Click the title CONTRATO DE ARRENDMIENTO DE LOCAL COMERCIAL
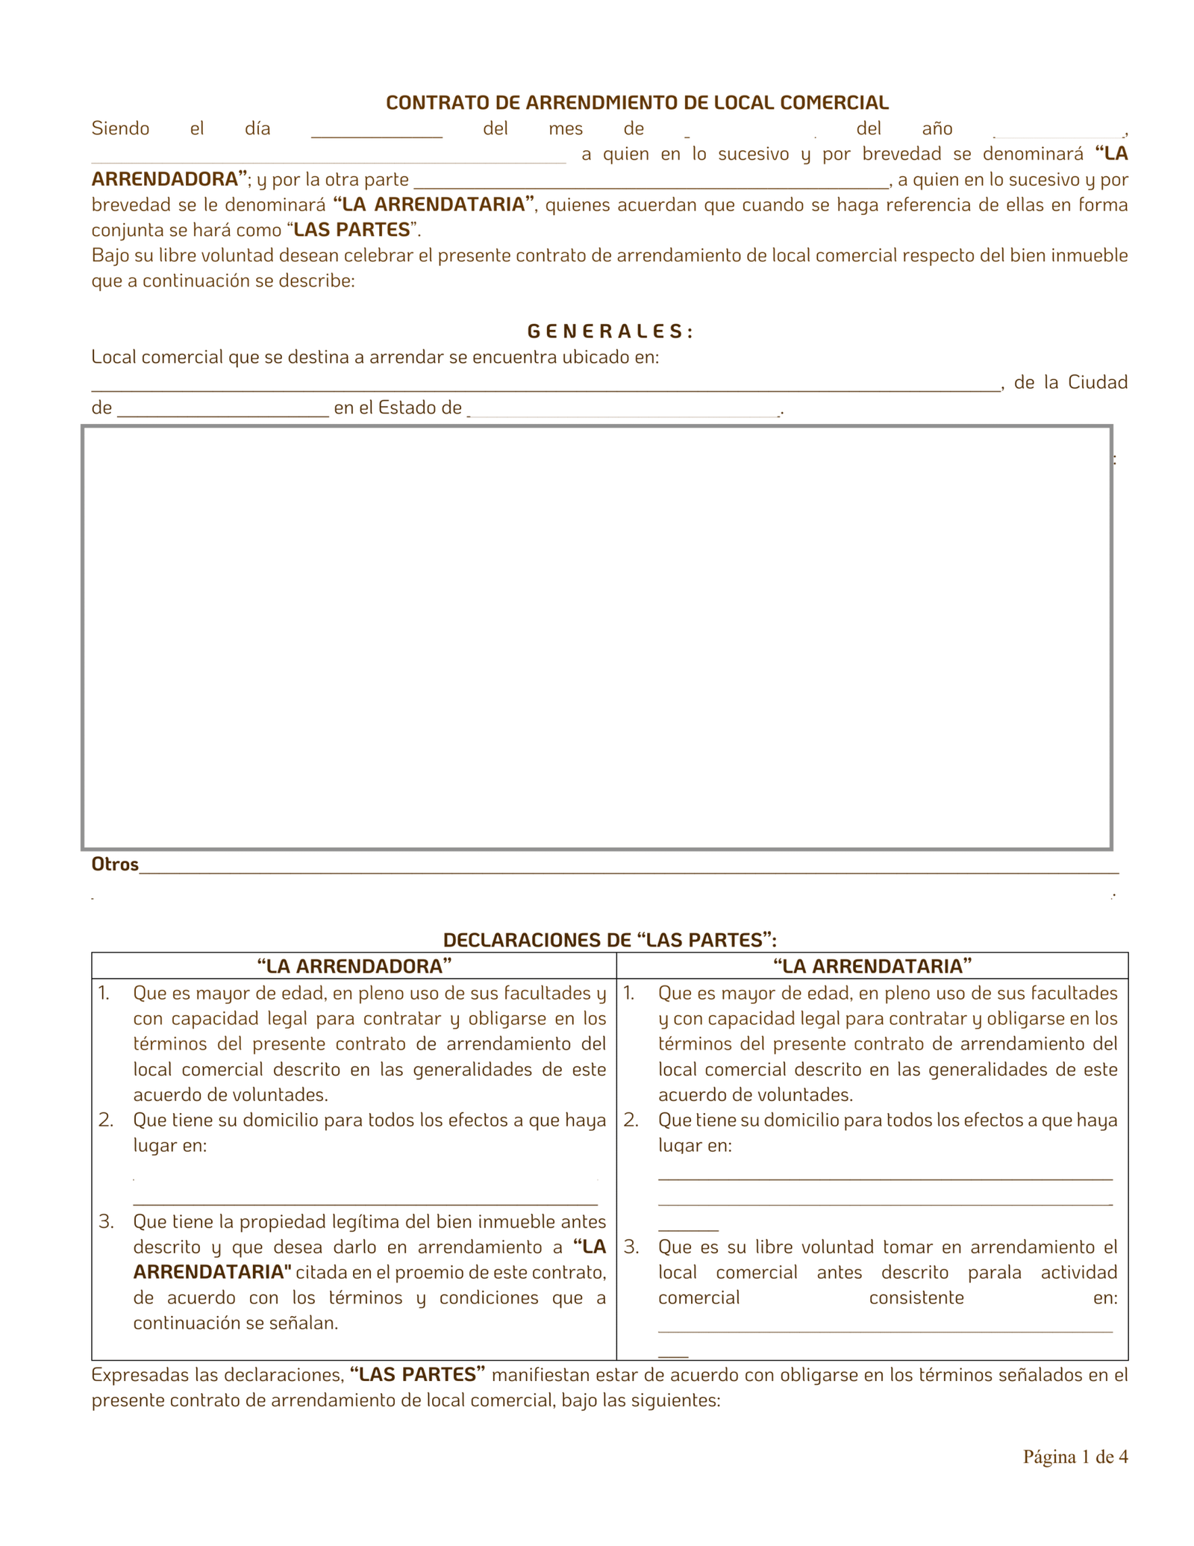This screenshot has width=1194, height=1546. point(637,102)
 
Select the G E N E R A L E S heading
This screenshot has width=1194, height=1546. point(610,331)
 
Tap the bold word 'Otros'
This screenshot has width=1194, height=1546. point(115,864)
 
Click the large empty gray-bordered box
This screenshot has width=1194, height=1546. point(596,638)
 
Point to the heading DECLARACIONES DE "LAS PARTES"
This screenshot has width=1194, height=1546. point(610,940)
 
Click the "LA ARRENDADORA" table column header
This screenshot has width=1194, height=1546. point(354,967)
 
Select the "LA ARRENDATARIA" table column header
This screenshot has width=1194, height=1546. point(872,967)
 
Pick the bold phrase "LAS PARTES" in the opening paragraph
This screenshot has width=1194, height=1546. point(352,230)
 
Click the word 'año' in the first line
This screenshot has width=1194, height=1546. point(937,129)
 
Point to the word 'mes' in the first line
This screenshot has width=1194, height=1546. point(566,129)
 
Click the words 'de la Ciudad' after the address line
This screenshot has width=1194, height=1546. point(1070,383)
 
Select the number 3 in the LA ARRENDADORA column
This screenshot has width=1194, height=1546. point(106,1222)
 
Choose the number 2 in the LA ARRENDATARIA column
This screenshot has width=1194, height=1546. point(631,1120)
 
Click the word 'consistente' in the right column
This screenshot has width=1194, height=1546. point(916,1298)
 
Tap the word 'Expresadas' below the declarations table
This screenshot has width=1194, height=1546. point(139,1375)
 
